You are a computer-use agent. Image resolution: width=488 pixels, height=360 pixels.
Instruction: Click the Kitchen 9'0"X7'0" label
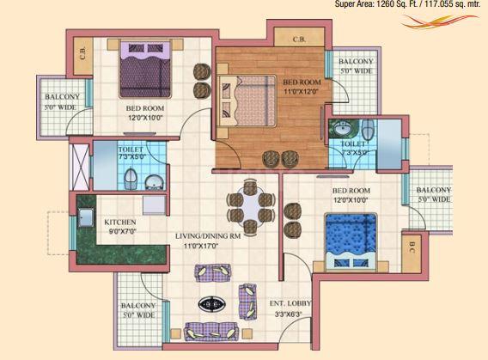[x=120, y=227]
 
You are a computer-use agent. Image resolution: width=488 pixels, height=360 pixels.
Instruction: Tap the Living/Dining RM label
[x=208, y=236]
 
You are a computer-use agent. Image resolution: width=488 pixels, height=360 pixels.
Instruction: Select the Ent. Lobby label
[x=290, y=303]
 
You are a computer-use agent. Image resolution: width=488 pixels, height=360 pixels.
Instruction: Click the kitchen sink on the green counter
[x=86, y=217]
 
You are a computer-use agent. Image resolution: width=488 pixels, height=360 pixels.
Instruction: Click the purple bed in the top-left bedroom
[x=145, y=69]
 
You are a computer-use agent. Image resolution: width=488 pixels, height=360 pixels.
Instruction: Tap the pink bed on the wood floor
[x=247, y=101]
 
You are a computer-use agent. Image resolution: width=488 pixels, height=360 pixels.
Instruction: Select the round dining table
[x=251, y=206]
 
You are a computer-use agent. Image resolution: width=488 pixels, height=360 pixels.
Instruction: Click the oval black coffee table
[x=212, y=303]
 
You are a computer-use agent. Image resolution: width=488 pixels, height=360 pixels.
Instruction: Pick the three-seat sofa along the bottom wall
[x=210, y=332]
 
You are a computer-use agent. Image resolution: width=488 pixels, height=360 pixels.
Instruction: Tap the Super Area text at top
[x=407, y=4]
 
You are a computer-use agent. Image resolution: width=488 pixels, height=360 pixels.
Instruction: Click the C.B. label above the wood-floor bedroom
[x=299, y=40]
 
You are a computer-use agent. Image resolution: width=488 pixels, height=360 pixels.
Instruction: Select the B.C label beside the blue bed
[x=412, y=247]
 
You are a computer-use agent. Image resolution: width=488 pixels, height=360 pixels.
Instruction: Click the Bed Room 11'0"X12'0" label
[x=302, y=87]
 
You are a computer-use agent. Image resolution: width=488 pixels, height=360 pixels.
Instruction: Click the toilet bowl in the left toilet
[x=130, y=180]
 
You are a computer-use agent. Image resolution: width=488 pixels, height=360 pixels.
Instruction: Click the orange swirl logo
[x=439, y=21]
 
